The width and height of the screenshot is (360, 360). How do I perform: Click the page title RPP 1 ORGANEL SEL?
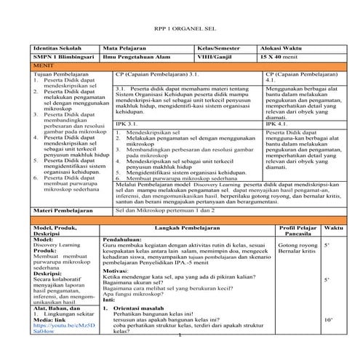point(180,27)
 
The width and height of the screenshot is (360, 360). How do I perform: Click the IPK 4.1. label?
point(279,124)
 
